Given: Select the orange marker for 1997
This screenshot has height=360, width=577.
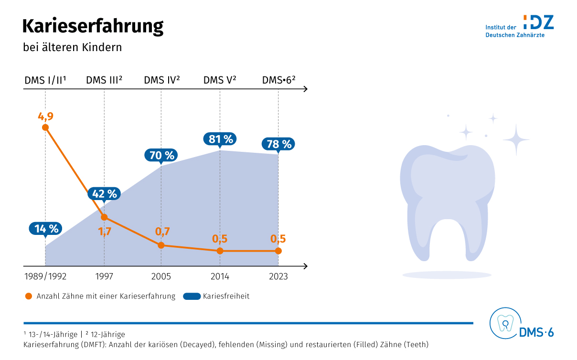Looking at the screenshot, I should coord(104,217).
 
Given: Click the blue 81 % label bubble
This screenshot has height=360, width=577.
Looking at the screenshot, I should coord(221,139).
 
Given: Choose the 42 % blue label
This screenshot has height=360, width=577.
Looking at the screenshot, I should coord(104,193).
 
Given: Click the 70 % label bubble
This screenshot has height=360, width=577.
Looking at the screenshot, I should coord(161,155).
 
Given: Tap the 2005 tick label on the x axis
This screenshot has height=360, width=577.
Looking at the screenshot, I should coord(161,276).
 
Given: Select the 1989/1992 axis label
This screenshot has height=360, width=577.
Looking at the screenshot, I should coord(45,276).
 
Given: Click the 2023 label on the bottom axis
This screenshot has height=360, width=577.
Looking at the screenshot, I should coord(278,276).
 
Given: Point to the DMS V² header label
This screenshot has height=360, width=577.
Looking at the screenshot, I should coord(220,80).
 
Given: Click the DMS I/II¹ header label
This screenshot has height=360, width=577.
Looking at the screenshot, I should coord(45,80).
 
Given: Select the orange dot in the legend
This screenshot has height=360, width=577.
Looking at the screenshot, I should coord(30,296).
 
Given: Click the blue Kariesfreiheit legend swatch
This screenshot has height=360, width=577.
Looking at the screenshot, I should coord(192,296).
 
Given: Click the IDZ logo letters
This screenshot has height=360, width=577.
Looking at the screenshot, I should coord(538,21).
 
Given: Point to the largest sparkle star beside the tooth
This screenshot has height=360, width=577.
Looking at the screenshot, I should coord(516,139).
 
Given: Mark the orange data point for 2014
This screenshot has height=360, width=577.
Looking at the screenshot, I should coord(220,251).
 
